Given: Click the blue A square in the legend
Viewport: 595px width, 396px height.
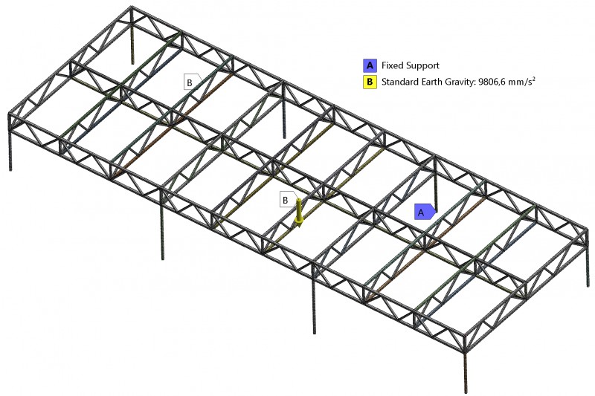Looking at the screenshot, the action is point(370,65).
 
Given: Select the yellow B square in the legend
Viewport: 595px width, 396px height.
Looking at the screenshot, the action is point(370,82).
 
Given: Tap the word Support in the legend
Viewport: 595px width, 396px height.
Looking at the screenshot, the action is point(422,66).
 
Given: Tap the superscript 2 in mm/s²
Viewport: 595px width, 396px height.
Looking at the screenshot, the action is point(534,79).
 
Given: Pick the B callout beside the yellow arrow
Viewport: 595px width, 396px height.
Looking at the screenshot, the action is point(286,200).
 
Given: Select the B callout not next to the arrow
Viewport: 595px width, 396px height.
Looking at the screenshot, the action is point(191,82).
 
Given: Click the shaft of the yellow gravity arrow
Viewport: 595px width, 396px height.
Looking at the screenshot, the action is point(299,209).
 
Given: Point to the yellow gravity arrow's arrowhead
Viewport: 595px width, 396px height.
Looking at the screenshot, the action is point(299,223).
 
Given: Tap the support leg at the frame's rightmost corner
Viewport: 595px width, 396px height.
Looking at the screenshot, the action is point(589,264).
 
